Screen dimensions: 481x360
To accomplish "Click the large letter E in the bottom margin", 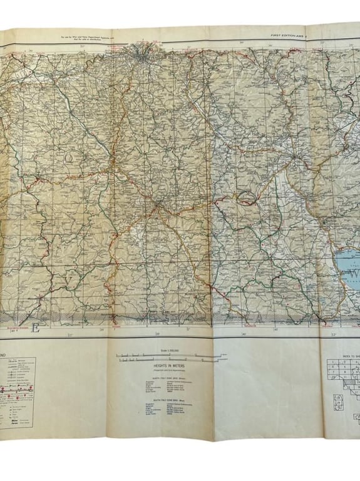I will [x=36, y=329].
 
